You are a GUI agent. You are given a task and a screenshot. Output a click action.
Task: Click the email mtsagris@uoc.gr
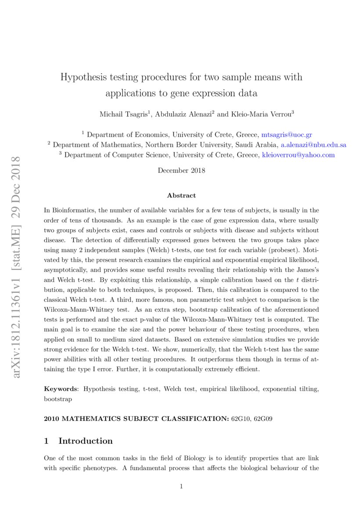point(287,135)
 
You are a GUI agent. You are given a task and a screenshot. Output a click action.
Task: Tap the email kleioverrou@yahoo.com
point(298,155)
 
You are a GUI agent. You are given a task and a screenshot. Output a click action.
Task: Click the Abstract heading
point(181,195)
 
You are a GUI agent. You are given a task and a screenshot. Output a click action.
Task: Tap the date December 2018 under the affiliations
point(181,170)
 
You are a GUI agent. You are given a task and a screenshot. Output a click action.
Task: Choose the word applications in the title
point(131,93)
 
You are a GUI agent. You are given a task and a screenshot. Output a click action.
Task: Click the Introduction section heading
point(85,441)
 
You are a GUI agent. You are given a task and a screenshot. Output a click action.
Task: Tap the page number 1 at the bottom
point(181,486)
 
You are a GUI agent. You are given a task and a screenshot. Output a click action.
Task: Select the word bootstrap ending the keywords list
point(58,399)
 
